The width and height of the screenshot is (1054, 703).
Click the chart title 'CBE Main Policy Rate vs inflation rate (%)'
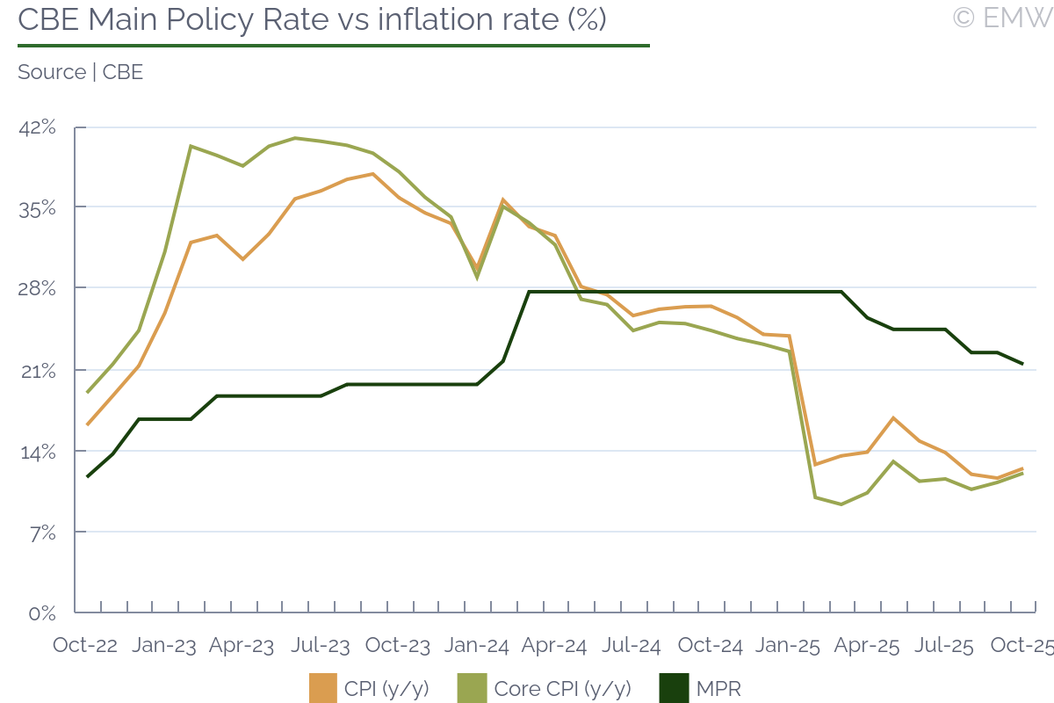click(312, 19)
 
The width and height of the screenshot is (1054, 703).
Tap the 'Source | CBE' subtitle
click(80, 72)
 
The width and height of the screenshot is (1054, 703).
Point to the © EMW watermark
click(1001, 18)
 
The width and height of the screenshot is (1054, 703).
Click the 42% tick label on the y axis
click(37, 127)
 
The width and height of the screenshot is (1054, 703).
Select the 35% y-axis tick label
click(37, 208)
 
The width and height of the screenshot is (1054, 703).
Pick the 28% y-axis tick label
click(37, 289)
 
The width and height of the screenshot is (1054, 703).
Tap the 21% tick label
click(37, 371)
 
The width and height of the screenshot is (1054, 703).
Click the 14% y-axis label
click(37, 452)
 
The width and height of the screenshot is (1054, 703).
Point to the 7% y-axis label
click(40, 533)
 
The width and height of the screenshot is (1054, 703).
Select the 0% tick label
click(42, 613)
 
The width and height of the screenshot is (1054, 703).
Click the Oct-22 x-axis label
click(85, 646)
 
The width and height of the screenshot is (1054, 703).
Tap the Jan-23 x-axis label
click(164, 646)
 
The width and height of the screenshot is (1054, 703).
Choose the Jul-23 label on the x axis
click(320, 646)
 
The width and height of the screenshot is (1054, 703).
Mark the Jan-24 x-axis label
click(476, 646)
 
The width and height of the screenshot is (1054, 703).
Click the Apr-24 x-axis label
click(554, 646)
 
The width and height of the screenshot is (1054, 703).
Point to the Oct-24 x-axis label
click(711, 646)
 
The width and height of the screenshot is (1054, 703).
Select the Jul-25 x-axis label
click(944, 646)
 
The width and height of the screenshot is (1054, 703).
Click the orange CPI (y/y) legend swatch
click(323, 688)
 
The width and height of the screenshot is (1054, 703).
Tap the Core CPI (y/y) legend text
click(563, 688)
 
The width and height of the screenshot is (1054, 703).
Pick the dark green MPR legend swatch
click(674, 688)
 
